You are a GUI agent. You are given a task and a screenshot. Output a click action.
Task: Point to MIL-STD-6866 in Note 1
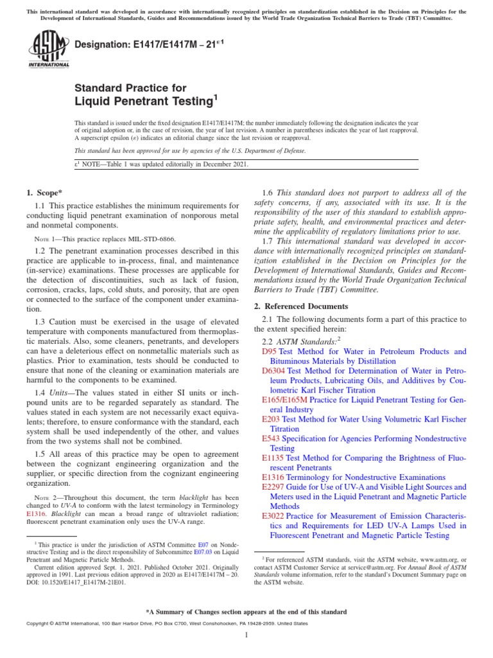coord(151,238)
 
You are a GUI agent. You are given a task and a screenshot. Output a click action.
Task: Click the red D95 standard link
coord(270,351)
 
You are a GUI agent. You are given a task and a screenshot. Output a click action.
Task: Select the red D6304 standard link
coord(273,371)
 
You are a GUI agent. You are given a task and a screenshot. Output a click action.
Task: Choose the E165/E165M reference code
coord(285,400)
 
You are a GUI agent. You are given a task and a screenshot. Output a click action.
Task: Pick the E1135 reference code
coord(273,458)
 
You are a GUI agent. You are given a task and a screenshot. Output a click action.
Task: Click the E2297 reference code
coord(273,487)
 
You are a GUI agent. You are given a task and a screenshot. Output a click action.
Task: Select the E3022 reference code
coord(273,516)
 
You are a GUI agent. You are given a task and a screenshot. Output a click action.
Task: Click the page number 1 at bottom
coord(246,635)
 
